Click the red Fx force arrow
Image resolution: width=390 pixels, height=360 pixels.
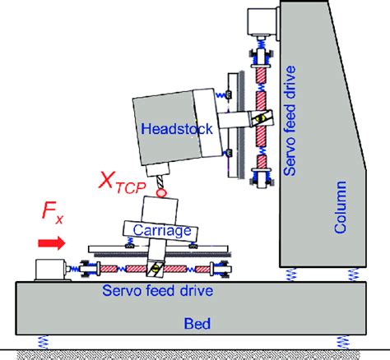pyautogui.click(x=52, y=243)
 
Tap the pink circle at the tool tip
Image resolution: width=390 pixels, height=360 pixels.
pyautogui.click(x=161, y=192)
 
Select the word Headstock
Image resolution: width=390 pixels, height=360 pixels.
pyautogui.click(x=177, y=128)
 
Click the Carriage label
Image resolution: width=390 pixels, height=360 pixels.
pyautogui.click(x=162, y=230)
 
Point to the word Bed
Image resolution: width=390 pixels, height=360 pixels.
pyautogui.click(x=197, y=324)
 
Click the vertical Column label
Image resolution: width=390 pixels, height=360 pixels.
pyautogui.click(x=340, y=207)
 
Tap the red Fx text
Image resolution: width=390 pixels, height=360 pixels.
pyautogui.click(x=52, y=212)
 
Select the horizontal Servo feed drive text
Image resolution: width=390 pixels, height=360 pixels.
pyautogui.click(x=157, y=290)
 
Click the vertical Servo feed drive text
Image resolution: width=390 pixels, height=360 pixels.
pyautogui.click(x=290, y=121)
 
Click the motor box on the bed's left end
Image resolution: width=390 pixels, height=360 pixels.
pyautogui.click(x=50, y=270)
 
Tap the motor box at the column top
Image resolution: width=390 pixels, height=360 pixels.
pyautogui.click(x=262, y=21)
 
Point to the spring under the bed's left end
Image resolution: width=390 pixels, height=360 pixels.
pyautogui.click(x=43, y=342)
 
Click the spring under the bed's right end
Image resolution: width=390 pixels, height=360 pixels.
pyautogui.click(x=343, y=342)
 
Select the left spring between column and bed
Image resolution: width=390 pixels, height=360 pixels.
pyautogui.click(x=291, y=275)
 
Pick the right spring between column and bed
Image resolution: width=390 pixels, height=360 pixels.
pyautogui.click(x=353, y=275)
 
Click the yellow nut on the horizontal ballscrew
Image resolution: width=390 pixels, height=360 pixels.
pyautogui.click(x=155, y=269)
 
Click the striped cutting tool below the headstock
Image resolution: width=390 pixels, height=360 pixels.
pyautogui.click(x=160, y=182)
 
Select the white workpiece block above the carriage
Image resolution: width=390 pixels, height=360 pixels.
pyautogui.click(x=160, y=210)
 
